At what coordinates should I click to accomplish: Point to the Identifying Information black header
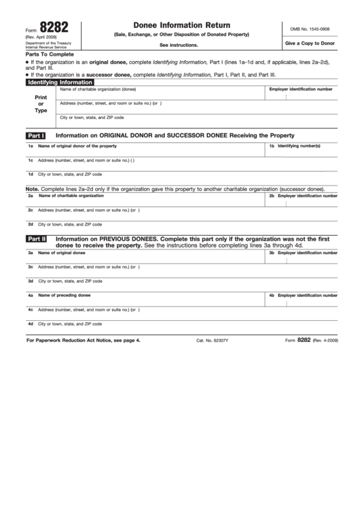59,82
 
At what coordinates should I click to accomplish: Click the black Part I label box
35,135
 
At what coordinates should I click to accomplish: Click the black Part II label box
36,239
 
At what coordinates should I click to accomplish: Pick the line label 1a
31,146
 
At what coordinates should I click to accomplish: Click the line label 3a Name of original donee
61,253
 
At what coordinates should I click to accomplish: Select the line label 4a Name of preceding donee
64,296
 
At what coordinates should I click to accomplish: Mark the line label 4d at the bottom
31,323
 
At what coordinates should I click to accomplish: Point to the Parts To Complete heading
49,54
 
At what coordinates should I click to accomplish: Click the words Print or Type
41,103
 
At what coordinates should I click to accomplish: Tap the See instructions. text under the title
179,45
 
